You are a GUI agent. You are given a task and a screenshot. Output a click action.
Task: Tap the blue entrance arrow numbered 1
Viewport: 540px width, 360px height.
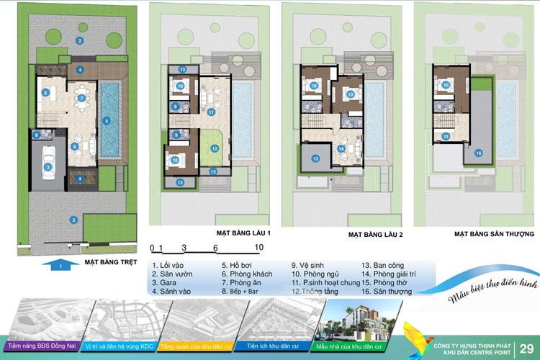coord(61,265)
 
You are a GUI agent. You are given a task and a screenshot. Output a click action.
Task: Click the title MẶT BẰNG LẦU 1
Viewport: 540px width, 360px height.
coord(243,234)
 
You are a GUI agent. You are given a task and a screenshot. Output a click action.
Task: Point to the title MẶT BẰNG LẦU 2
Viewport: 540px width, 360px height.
coord(376,235)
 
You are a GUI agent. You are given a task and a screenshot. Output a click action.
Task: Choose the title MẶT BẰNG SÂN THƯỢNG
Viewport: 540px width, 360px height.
coord(494,235)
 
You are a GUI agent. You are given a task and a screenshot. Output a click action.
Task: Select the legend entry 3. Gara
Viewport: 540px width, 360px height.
coord(168,282)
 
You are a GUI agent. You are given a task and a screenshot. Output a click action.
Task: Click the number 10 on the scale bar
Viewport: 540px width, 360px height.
coord(260,248)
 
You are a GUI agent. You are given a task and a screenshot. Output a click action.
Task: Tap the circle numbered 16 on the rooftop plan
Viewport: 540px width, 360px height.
coord(478,153)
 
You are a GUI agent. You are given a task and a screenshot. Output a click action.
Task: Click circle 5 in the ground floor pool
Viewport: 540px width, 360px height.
coord(107,120)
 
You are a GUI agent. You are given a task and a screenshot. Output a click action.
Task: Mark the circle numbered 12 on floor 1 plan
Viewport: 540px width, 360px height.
coord(214,148)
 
